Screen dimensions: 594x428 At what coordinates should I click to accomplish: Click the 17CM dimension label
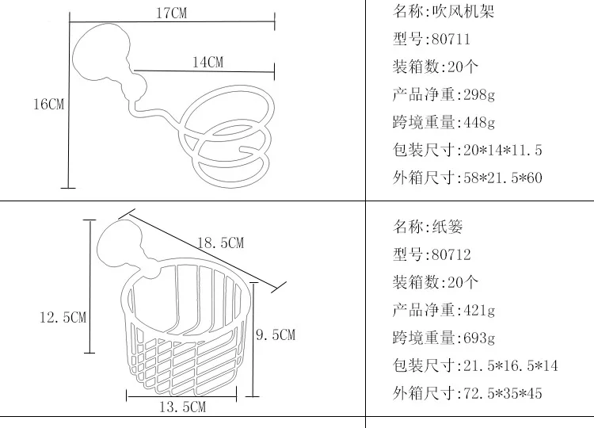point(172,13)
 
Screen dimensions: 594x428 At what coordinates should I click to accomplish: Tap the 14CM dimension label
point(208,62)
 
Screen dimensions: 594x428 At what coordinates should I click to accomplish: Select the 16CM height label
point(49,104)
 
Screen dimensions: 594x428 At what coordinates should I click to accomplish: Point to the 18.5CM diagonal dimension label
point(220,243)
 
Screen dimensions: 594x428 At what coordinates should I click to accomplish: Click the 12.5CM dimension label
point(63,317)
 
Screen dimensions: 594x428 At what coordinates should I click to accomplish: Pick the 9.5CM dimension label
point(276,334)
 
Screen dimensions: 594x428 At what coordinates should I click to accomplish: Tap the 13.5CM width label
point(183,407)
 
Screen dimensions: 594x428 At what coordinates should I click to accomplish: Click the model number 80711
point(451,39)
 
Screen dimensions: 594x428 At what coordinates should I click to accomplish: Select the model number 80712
point(451,254)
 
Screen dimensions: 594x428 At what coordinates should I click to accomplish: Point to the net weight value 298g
point(479,95)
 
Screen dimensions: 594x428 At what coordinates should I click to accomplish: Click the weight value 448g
point(479,122)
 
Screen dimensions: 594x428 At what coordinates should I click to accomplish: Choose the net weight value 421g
point(479,311)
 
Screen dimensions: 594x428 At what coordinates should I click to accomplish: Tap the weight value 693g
point(479,338)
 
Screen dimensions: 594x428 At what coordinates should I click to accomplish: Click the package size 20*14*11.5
point(503,150)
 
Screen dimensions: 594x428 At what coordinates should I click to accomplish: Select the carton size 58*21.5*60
point(503,178)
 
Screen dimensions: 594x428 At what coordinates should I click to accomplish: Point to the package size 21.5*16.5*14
point(511,366)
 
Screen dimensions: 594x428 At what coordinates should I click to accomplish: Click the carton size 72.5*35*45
point(503,393)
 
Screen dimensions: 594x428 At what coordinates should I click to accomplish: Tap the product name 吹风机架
point(463,11)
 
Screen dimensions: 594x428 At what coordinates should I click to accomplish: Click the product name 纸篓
point(447,227)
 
